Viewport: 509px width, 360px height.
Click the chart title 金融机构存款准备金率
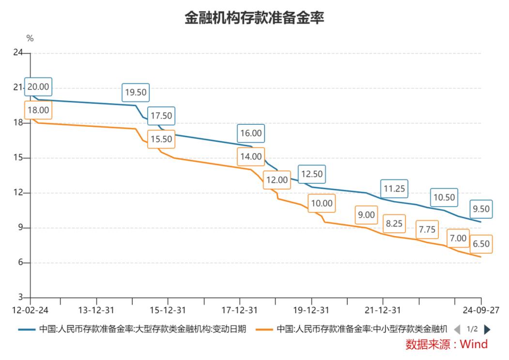click(254, 18)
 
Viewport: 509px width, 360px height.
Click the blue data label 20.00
click(38, 87)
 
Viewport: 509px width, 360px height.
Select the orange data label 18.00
click(38, 110)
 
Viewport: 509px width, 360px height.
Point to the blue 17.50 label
click(161, 116)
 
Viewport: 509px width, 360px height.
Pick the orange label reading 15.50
click(161, 139)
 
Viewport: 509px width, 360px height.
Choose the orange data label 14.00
click(250, 157)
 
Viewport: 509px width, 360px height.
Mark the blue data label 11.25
click(394, 189)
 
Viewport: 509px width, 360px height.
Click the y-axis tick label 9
click(20, 228)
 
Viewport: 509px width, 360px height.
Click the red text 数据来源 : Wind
click(447, 345)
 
